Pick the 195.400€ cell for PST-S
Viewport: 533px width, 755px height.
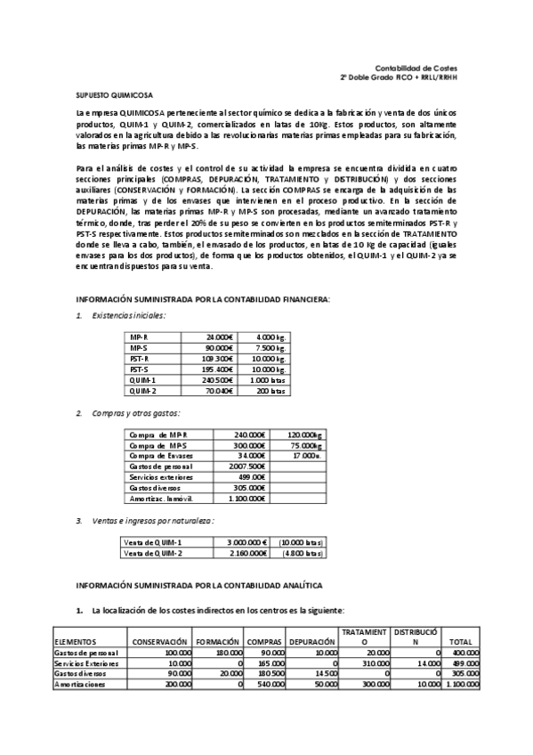pos(216,369)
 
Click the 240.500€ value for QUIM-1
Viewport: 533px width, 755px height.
pos(216,379)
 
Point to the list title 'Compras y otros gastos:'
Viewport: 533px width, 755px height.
pos(133,412)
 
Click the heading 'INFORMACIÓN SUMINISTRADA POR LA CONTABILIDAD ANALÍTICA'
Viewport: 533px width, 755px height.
pos(198,585)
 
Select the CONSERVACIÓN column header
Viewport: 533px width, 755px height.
pos(159,641)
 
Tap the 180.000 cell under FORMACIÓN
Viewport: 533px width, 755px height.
pos(227,653)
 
